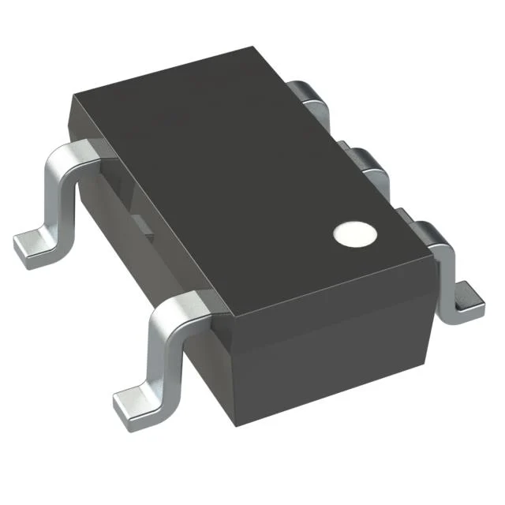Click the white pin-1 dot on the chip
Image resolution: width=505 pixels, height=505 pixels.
[x=353, y=233]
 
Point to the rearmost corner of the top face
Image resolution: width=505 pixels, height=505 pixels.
[x=260, y=49]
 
